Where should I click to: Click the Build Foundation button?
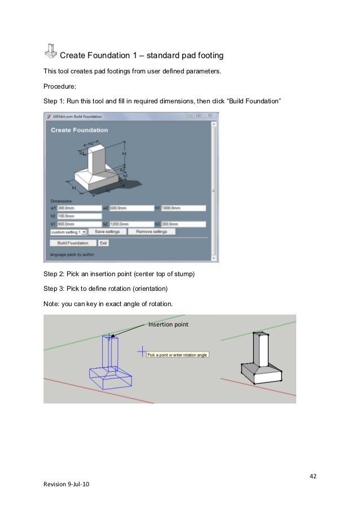pos(73,243)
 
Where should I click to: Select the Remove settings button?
pos(151,232)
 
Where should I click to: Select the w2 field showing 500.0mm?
pos(131,208)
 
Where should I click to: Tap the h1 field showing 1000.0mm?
pos(183,208)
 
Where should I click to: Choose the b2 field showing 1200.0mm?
pos(131,224)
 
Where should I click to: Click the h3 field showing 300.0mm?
pos(183,224)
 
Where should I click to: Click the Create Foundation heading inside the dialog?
pos(79,130)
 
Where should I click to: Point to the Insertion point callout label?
pos(168,324)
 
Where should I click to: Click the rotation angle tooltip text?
pos(178,355)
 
